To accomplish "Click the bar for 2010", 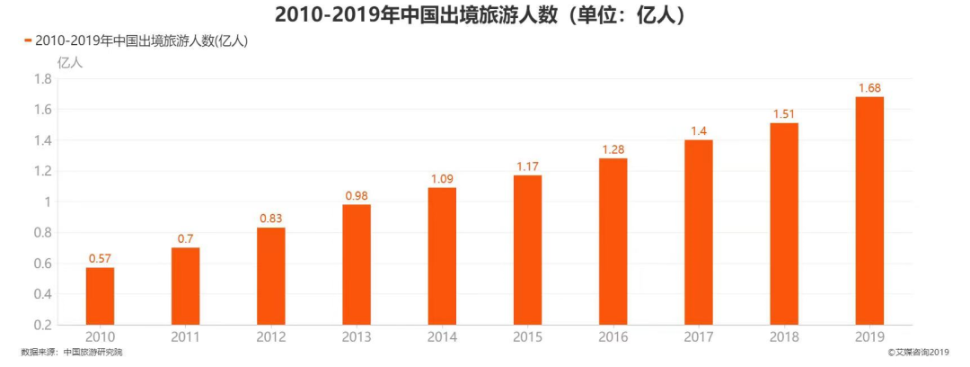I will coord(100,296).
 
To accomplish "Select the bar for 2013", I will coord(357,264).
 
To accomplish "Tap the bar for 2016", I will coord(613,241).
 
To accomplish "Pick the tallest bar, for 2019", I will coord(869,210).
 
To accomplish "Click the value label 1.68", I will coord(869,88).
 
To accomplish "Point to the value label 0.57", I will coord(100,259).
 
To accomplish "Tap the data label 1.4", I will coord(699,131).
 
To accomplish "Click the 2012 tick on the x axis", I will coord(271,337).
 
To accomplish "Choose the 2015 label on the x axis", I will coord(527,337).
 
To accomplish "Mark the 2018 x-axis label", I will coord(784,337).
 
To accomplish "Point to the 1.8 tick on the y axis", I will coord(42,79).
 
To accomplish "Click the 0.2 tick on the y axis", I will coord(42,325).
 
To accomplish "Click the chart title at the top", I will coord(485,14).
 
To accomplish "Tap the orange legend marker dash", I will coord(28,40).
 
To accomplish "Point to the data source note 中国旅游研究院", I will coord(93,353).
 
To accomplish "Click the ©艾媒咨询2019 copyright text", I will coord(917,353).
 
